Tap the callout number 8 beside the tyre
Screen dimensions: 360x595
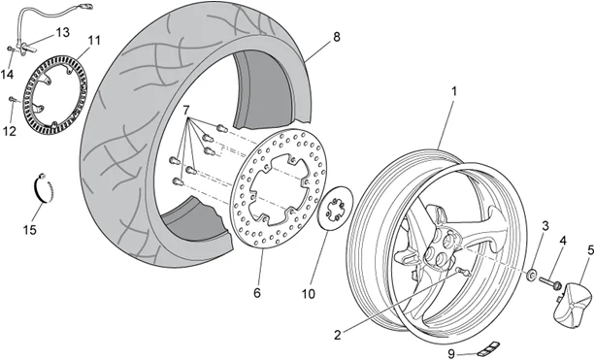[336, 38]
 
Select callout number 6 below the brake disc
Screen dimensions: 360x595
[257, 292]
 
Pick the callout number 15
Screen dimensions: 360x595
[29, 230]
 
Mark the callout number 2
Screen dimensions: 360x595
[336, 335]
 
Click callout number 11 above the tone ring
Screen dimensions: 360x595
[94, 40]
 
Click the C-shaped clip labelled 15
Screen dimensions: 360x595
[42, 188]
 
